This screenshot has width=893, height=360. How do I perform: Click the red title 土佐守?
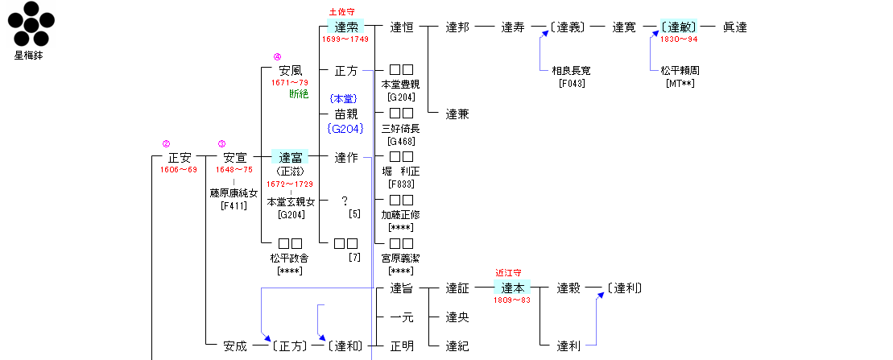click(342, 12)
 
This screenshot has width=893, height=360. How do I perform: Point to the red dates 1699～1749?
click(345, 39)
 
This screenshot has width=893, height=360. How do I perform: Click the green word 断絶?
click(299, 94)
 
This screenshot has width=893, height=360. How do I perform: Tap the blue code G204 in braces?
click(345, 127)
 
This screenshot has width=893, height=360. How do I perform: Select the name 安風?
click(289, 71)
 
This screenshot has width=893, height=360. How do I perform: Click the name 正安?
click(180, 158)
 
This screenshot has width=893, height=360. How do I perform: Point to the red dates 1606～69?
click(179, 170)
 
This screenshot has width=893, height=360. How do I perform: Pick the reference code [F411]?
click(235, 205)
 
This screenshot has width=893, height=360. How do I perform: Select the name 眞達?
click(734, 27)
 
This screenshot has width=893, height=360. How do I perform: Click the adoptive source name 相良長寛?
click(571, 71)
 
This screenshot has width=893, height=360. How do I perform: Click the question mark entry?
click(345, 201)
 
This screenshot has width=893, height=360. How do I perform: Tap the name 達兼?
click(457, 114)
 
